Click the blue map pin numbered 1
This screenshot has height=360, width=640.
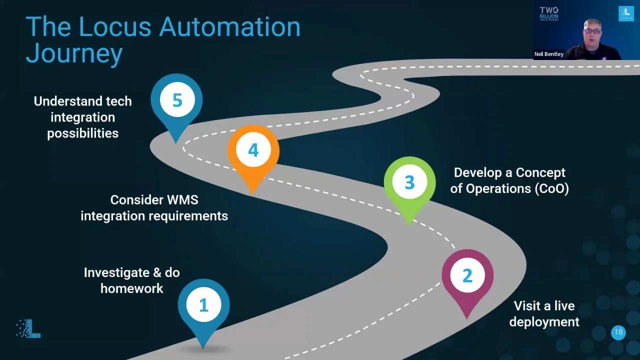[x=203, y=305]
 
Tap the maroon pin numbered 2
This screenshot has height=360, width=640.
[x=467, y=276]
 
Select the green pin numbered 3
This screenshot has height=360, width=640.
[x=409, y=183]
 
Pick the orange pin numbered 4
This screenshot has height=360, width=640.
[x=253, y=150]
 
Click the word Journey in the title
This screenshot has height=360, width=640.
[x=74, y=53]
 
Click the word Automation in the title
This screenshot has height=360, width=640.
[x=229, y=26]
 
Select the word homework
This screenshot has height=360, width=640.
[x=131, y=288]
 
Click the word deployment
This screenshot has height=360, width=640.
[x=544, y=322]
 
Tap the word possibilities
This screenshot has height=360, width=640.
[x=82, y=133]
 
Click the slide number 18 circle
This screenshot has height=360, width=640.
[x=618, y=332]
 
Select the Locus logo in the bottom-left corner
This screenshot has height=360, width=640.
[x=28, y=328]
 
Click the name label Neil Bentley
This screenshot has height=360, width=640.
[x=548, y=54]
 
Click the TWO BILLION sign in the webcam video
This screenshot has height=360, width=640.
[x=548, y=13]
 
